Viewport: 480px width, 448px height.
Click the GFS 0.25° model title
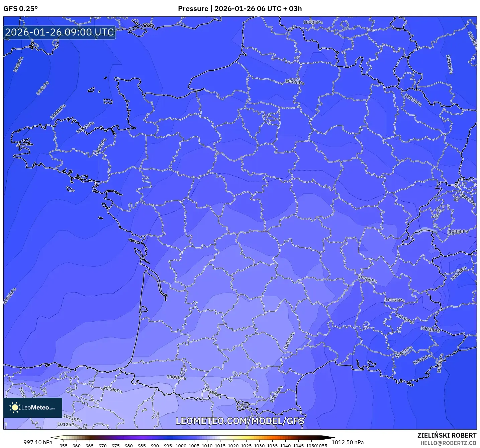point(20,9)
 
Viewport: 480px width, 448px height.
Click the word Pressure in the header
point(193,9)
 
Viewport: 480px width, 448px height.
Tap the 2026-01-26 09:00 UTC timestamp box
point(60,33)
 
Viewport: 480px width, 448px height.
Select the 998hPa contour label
point(18,64)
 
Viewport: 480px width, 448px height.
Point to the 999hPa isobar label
point(43,88)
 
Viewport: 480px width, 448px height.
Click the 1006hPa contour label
point(367,279)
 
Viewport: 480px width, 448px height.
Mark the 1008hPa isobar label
point(289,341)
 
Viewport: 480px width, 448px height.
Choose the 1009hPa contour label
point(176,377)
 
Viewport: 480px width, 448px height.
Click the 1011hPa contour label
point(72,418)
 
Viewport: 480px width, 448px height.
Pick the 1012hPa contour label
point(67,425)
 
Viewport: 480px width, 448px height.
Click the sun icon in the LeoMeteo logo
point(15,407)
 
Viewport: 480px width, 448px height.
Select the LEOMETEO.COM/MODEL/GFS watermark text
point(240,421)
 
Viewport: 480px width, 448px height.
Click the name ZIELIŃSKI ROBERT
point(447,435)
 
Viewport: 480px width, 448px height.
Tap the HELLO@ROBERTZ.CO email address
point(448,443)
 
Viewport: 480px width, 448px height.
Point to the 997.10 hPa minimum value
point(38,442)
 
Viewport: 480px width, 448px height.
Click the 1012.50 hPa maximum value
point(348,442)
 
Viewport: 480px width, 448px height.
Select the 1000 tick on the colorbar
point(181,445)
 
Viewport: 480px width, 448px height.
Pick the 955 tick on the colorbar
point(64,445)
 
